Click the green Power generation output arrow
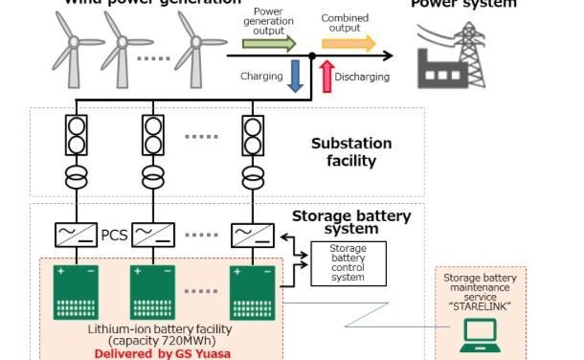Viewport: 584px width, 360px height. pyautogui.click(x=269, y=43)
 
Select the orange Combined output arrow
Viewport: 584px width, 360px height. pyautogui.click(x=348, y=42)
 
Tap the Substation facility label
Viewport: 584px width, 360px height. pyautogui.click(x=351, y=152)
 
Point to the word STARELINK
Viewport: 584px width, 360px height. pyautogui.click(x=482, y=305)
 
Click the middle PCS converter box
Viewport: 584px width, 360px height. pyautogui.click(x=153, y=234)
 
